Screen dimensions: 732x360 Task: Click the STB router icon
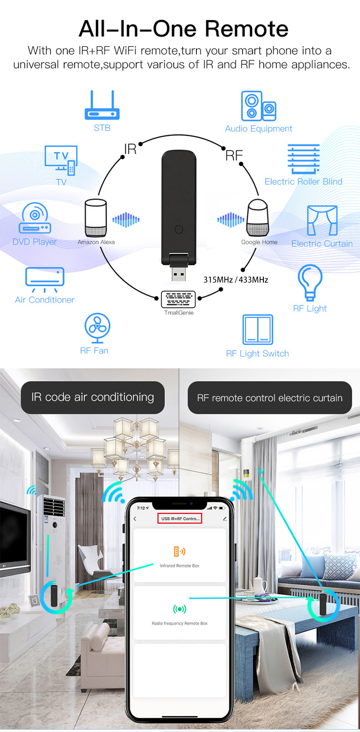click(x=102, y=106)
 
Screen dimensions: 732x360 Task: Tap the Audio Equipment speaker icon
click(x=258, y=106)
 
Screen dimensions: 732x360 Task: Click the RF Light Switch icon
click(x=258, y=329)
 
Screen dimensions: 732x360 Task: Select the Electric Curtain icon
click(x=322, y=220)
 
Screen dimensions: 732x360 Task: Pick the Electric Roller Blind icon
click(x=303, y=159)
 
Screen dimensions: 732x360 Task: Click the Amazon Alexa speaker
click(x=96, y=218)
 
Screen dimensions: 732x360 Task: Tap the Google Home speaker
click(x=258, y=218)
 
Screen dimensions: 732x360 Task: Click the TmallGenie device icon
click(x=178, y=299)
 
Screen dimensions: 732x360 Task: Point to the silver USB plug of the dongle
click(x=179, y=274)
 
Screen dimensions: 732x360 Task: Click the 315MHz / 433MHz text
click(x=236, y=280)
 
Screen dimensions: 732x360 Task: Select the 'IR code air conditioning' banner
click(x=93, y=397)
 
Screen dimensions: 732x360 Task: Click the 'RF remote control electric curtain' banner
click(x=270, y=398)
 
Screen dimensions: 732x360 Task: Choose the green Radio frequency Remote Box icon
click(x=180, y=609)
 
